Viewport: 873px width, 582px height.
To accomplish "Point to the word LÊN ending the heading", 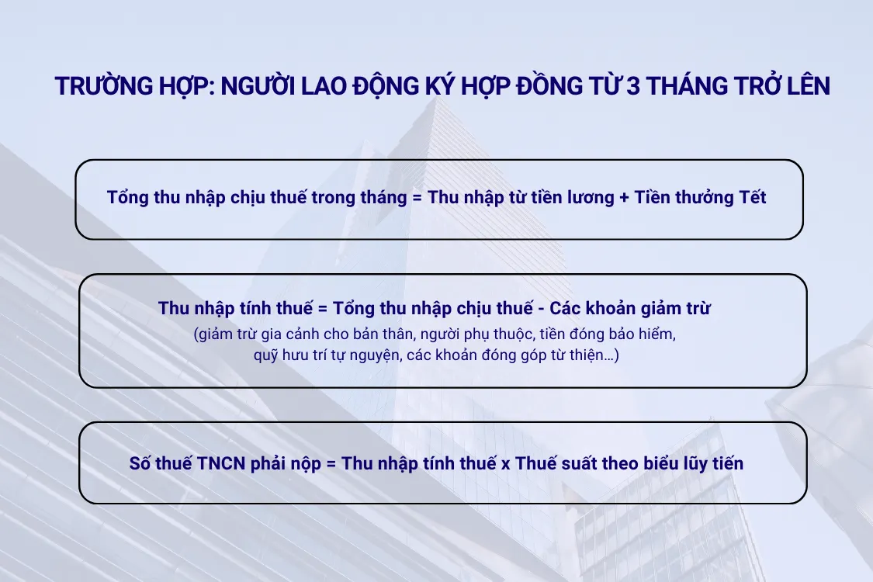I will coord(802,86).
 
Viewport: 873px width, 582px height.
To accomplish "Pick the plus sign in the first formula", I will coord(624,197).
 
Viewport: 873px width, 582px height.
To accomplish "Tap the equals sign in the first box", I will coord(417,197).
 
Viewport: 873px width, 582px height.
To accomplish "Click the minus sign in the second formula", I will coord(540,308).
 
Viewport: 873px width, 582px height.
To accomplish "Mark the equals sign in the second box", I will coord(321,308).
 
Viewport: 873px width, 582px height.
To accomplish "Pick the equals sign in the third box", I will coord(331,464).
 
